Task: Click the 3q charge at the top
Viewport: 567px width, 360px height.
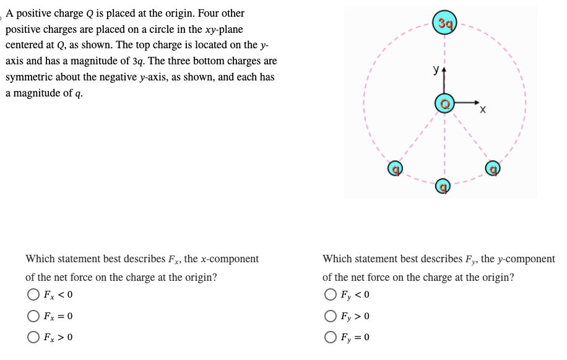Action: pyautogui.click(x=444, y=24)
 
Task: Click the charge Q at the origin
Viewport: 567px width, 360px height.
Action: pyautogui.click(x=444, y=103)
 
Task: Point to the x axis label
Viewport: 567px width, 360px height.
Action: pyautogui.click(x=482, y=110)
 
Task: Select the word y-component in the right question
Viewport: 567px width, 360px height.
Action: pyautogui.click(x=526, y=259)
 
